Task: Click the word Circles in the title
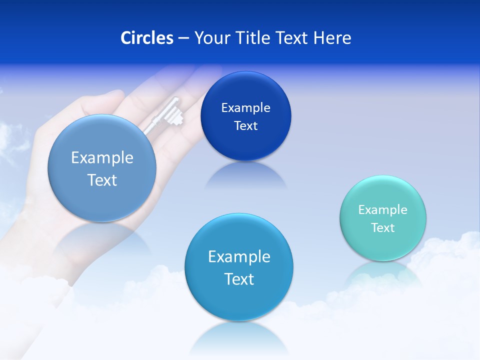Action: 147,37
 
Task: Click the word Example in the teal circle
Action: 382,210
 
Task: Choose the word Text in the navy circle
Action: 245,126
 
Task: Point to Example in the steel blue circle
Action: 102,158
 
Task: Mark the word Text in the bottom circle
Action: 239,279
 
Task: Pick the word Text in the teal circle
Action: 383,228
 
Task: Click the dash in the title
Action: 183,38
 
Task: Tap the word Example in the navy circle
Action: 245,108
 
